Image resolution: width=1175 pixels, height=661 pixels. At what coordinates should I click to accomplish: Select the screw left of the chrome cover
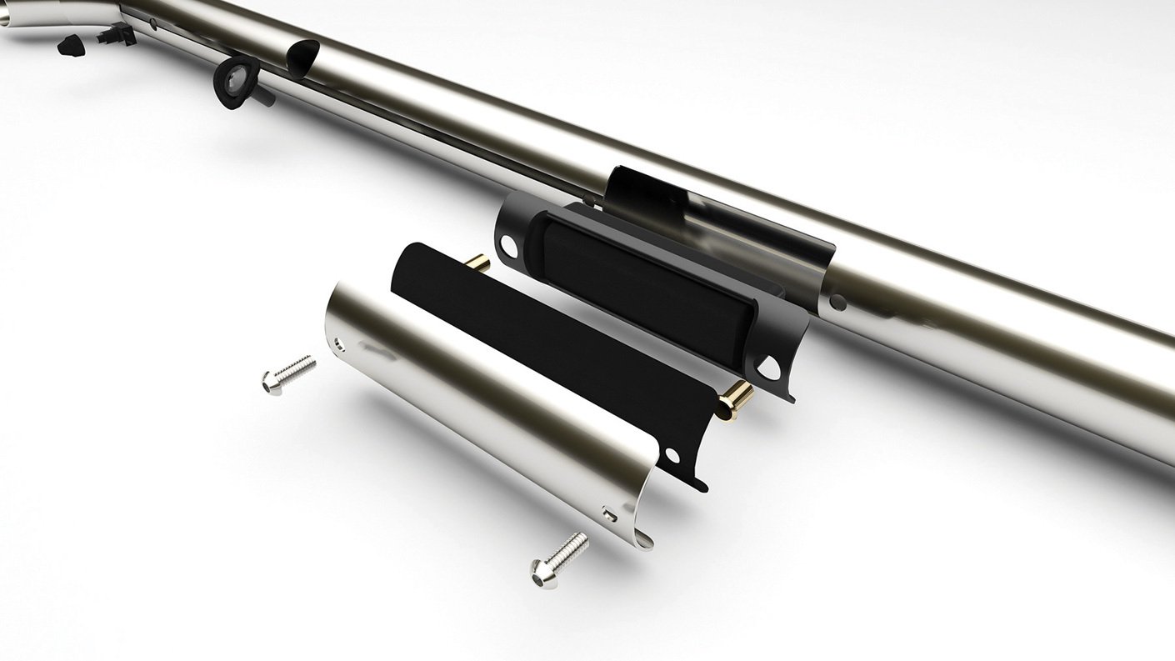coord(287,373)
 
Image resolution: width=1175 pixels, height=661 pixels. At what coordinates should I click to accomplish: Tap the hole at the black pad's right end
coord(672,454)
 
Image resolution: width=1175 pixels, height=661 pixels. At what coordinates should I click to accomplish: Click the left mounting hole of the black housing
coord(509,245)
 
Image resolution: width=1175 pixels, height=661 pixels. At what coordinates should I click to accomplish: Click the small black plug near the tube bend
coord(70,45)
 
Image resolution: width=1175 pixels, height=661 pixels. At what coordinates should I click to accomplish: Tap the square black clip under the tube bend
coord(117,33)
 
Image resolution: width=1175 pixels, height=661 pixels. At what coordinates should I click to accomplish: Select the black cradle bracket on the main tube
coord(717,225)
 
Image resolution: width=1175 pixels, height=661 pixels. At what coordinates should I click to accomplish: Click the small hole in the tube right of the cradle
coord(837,302)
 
